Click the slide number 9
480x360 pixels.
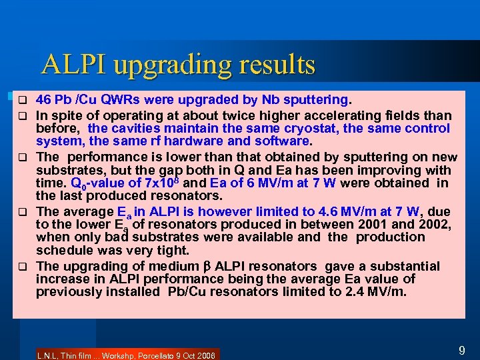point(461,349)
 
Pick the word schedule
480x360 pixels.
point(65,250)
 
